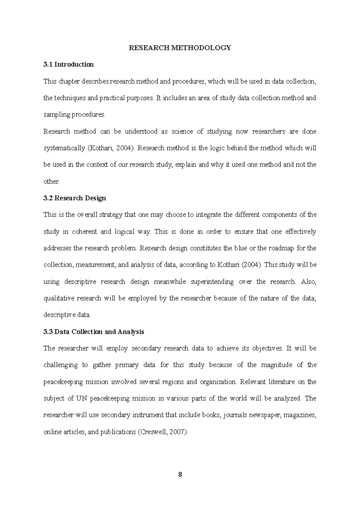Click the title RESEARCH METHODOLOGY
[180, 48]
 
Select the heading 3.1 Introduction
[68, 64]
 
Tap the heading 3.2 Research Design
[75, 198]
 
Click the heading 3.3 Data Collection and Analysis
[94, 332]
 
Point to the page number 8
[180, 475]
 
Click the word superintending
[212, 282]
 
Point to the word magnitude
[277, 365]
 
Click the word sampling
[56, 115]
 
